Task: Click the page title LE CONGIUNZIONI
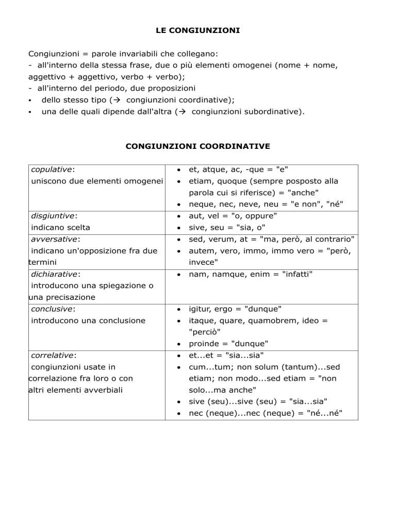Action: click(198, 31)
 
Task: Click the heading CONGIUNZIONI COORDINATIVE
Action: click(198, 146)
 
